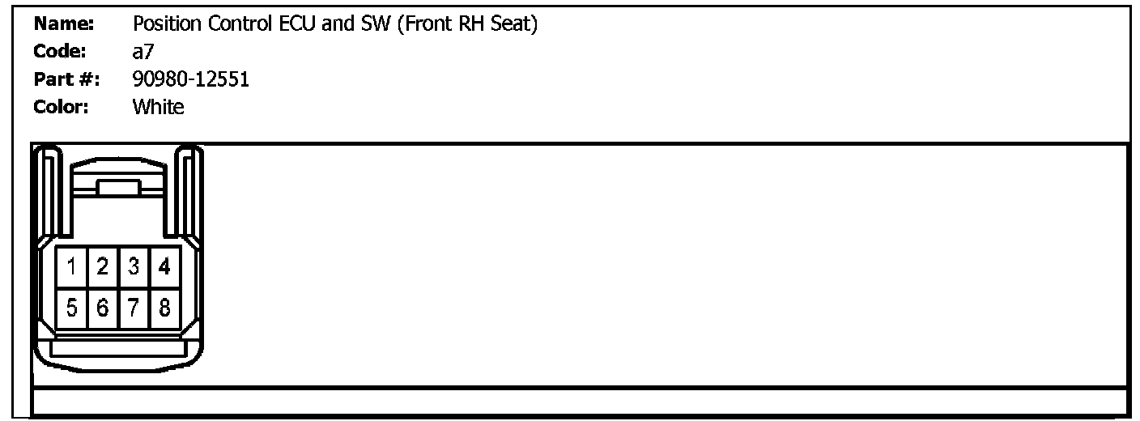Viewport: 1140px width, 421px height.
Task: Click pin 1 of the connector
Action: (72, 266)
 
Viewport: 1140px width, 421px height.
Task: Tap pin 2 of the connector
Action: (103, 266)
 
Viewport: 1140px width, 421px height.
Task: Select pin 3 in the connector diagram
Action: (134, 266)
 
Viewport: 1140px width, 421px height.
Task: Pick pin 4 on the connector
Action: (164, 266)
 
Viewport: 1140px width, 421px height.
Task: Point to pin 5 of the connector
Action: (72, 308)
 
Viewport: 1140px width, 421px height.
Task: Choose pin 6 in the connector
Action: (103, 308)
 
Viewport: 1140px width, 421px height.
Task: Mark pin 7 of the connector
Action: (134, 308)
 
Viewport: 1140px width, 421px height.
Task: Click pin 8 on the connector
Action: (164, 308)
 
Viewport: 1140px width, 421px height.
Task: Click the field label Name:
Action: (64, 25)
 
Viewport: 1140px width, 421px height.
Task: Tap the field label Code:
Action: (61, 52)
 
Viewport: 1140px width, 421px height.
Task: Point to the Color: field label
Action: (62, 107)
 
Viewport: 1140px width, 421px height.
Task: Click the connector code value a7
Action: (142, 52)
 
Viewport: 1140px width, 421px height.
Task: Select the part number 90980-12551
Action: (190, 79)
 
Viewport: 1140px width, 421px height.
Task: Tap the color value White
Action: (158, 107)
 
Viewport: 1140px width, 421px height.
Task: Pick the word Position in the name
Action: (162, 25)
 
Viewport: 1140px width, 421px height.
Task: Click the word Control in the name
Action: (232, 25)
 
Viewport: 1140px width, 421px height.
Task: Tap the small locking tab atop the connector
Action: (118, 188)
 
